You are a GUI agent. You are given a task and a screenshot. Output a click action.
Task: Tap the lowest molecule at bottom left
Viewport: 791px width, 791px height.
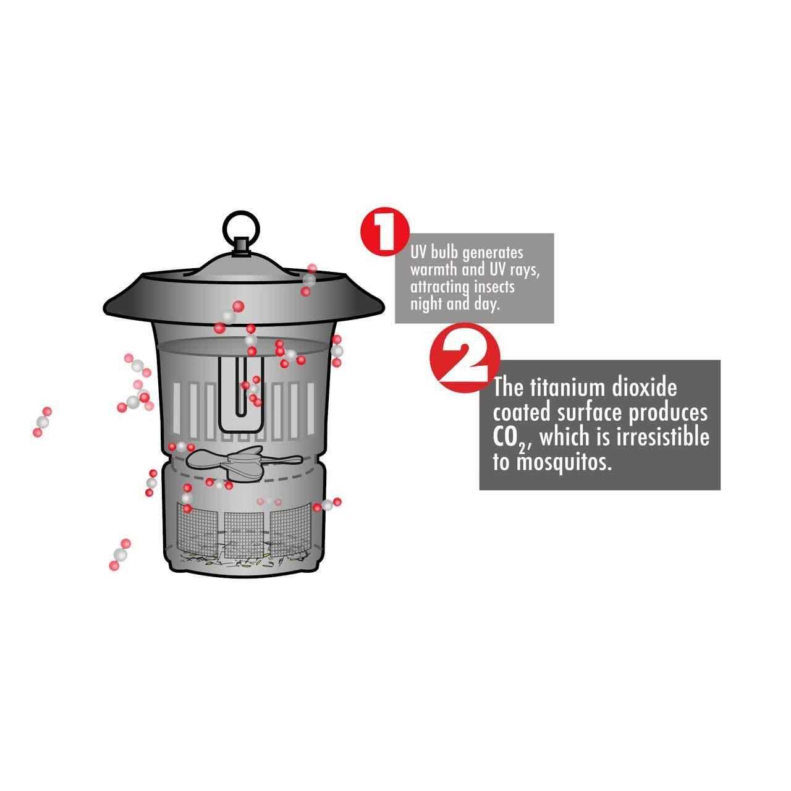point(119,554)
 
